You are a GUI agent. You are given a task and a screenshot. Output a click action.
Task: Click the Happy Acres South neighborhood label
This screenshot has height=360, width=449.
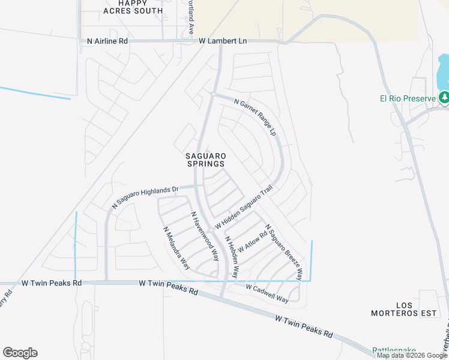(x=133, y=7)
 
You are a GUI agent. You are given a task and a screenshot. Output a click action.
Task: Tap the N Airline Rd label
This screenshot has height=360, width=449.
(x=103, y=41)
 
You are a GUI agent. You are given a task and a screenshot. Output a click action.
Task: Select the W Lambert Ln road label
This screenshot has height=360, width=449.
(x=223, y=41)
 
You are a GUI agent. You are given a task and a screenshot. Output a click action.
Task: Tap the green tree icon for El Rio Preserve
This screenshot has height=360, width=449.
(x=444, y=97)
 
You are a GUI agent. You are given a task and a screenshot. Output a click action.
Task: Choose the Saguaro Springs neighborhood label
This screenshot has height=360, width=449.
(x=205, y=158)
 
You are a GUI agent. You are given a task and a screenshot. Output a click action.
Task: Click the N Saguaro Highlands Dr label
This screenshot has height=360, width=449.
(x=145, y=197)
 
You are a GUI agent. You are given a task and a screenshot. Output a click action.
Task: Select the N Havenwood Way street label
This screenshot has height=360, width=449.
(x=204, y=236)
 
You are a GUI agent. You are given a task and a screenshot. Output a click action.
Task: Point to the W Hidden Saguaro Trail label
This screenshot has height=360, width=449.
(x=244, y=206)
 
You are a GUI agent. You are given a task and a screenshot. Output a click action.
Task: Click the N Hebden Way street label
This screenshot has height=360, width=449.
(x=232, y=257)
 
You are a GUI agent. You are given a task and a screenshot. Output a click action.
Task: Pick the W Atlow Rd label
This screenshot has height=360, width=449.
(x=252, y=242)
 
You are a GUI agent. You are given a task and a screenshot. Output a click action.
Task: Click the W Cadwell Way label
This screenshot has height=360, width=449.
(x=268, y=292)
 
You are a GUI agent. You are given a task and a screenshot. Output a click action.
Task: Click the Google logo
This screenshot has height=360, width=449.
(x=20, y=353)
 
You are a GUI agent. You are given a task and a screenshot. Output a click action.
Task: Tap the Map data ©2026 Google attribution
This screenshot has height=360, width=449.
(x=412, y=356)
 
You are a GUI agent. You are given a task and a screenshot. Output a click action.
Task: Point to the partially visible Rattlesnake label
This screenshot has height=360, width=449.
(x=394, y=350)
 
